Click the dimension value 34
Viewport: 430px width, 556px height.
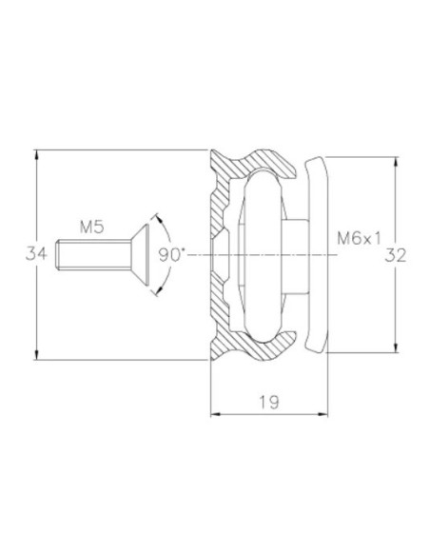click(36, 254)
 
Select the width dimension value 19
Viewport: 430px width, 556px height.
click(267, 403)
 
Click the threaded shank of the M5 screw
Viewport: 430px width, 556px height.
click(91, 254)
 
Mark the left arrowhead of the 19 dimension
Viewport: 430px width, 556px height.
click(214, 414)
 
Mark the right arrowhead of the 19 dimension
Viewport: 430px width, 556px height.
click(322, 414)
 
